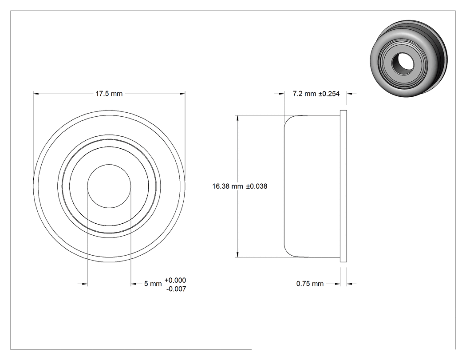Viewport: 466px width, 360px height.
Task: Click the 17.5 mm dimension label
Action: point(109,94)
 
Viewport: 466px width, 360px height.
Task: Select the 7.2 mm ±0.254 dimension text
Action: point(316,94)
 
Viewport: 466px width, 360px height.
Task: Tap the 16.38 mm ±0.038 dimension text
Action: point(240,186)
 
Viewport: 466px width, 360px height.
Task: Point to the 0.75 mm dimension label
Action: point(310,284)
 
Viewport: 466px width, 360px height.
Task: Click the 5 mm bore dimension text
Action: point(153,284)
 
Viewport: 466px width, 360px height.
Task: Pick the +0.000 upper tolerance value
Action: point(175,280)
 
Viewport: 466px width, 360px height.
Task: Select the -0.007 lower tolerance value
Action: point(176,289)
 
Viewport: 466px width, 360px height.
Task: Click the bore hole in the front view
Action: point(109,186)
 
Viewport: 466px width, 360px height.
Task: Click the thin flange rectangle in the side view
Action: point(343,186)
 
